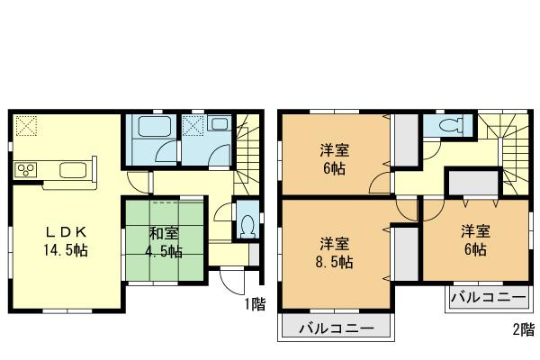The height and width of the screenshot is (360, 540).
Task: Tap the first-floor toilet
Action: pos(245,226)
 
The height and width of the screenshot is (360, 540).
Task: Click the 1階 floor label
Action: pos(255,304)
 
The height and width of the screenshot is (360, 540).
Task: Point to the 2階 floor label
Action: pos(524,329)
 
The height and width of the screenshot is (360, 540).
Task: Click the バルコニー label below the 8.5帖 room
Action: pos(336,328)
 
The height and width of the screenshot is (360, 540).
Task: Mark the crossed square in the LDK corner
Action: pos(25,125)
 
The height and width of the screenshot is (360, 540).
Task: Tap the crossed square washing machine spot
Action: pos(193,126)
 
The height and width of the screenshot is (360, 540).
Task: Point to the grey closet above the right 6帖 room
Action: pos(468,183)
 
